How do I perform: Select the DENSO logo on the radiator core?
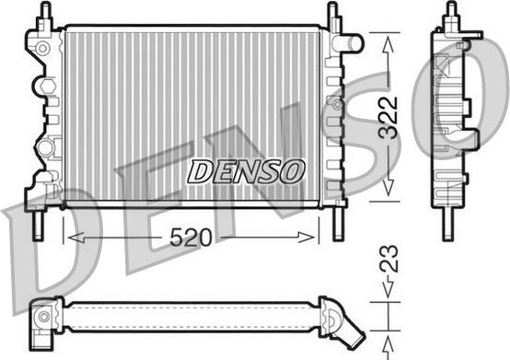[246, 170]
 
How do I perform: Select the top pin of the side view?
[450, 14]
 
